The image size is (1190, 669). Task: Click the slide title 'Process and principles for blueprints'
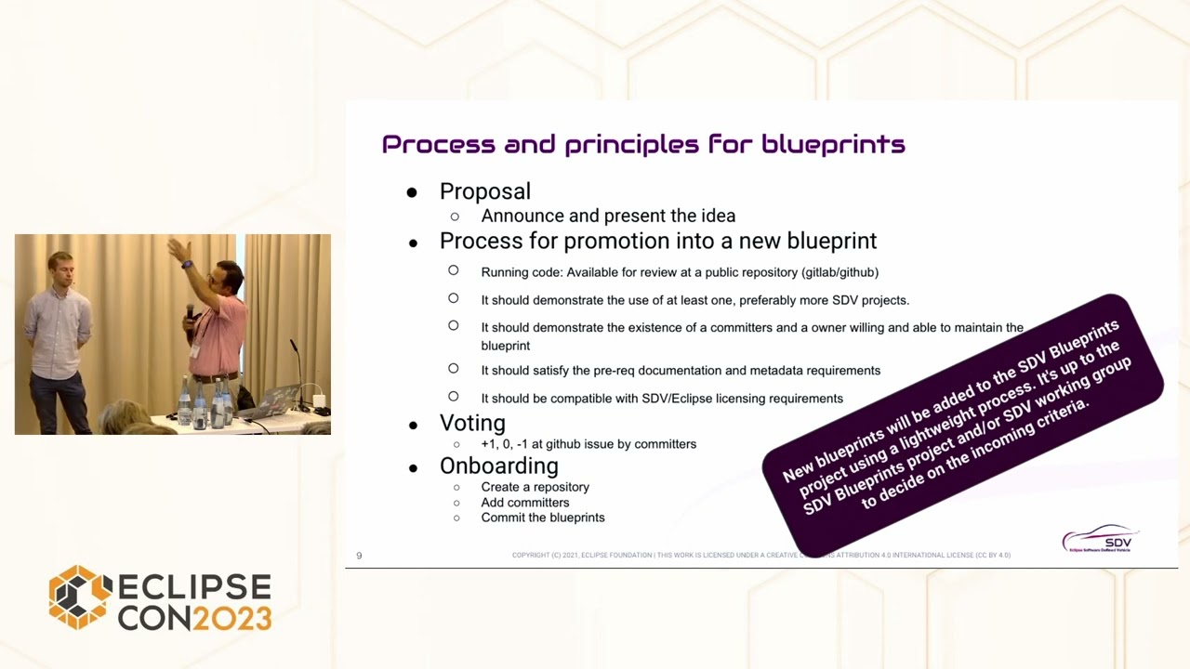pyautogui.click(x=643, y=144)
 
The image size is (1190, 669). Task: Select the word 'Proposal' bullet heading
pyautogui.click(x=484, y=191)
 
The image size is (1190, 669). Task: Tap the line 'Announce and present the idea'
pyautogui.click(x=608, y=216)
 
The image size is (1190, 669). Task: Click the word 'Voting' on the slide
pyautogui.click(x=472, y=423)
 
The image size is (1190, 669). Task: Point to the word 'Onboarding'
pyautogui.click(x=498, y=466)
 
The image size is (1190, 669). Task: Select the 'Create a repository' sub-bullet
pyautogui.click(x=535, y=487)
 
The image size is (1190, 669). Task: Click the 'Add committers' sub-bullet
pyautogui.click(x=524, y=503)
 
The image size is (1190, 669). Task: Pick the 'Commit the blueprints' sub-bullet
pyautogui.click(x=543, y=518)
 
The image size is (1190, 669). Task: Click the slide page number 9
pyautogui.click(x=359, y=556)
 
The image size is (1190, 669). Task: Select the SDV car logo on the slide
pyautogui.click(x=1100, y=539)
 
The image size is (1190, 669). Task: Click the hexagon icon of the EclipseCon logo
pyautogui.click(x=80, y=597)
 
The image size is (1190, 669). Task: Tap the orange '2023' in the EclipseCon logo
pyautogui.click(x=231, y=617)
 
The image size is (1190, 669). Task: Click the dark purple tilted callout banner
pyautogui.click(x=962, y=423)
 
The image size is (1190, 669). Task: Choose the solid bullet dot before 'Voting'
pyautogui.click(x=413, y=425)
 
